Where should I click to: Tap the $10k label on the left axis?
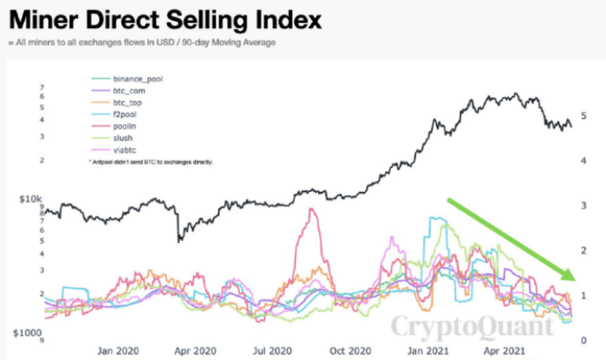pyautogui.click(x=30, y=201)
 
